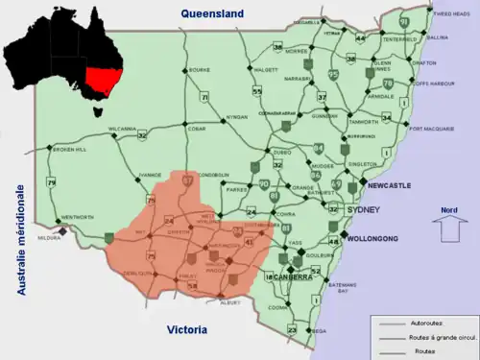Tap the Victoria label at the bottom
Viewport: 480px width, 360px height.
click(186, 329)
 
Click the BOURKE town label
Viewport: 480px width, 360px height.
click(199, 70)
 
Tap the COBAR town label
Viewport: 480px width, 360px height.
click(196, 129)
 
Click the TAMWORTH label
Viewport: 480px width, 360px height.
click(363, 123)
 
